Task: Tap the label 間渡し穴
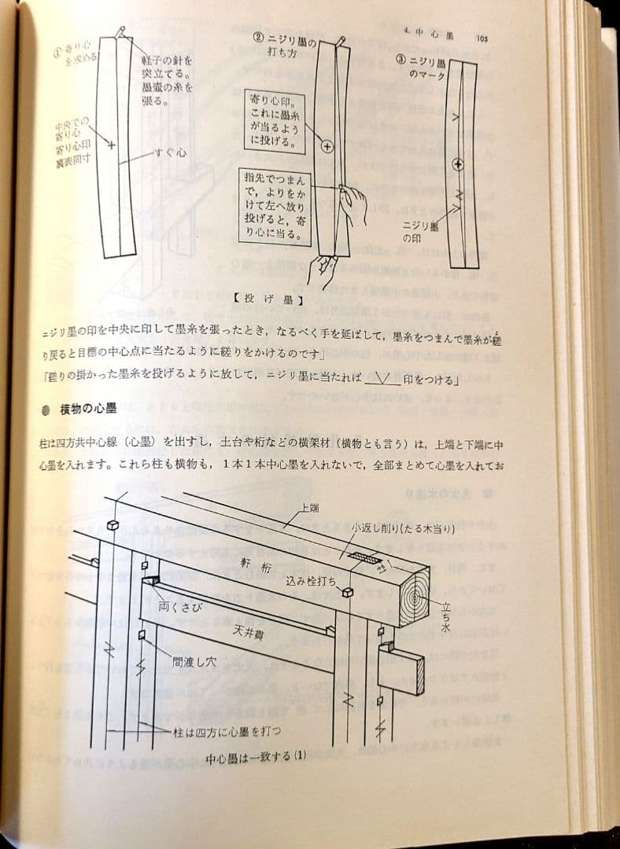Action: [x=194, y=663]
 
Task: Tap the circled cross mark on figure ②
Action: [x=327, y=147]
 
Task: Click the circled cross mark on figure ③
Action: [x=458, y=164]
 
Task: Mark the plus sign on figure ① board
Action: [x=111, y=145]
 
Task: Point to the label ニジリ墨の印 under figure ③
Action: [x=424, y=230]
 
